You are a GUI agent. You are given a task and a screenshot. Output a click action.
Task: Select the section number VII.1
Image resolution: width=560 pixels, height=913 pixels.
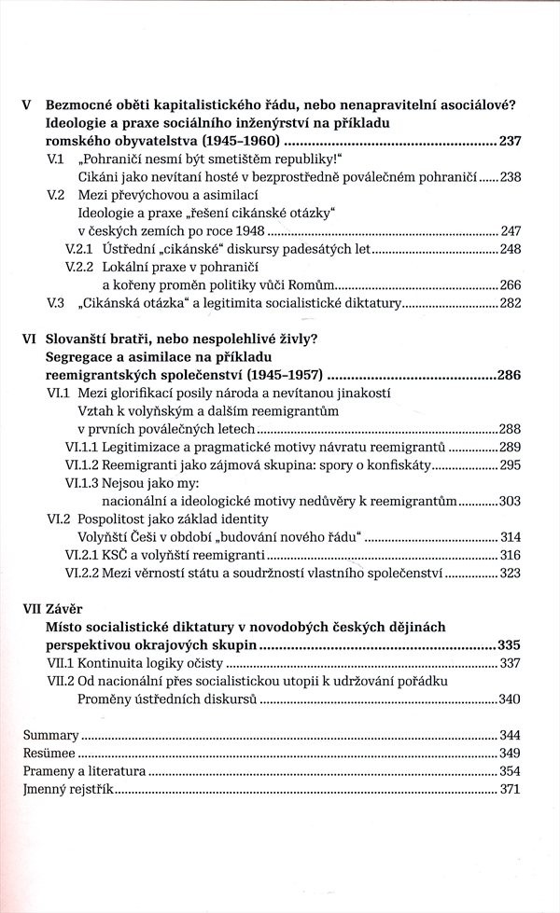[x=62, y=663]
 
